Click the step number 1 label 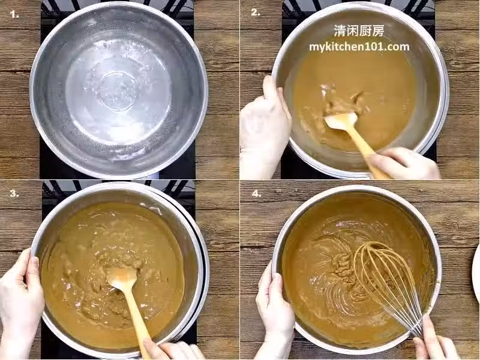14,14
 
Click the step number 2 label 256,12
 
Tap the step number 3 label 14,193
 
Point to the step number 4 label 256,193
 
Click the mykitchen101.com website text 359,47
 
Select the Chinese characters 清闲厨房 359,31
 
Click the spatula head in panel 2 341,121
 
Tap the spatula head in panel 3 122,278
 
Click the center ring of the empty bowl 118,91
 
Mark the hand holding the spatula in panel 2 404,164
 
